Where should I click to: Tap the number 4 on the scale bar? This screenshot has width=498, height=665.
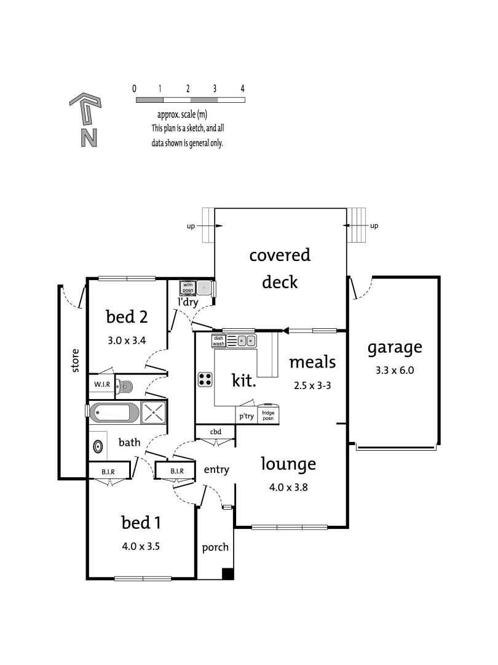pyautogui.click(x=243, y=89)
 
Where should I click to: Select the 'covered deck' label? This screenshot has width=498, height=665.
pyautogui.click(x=280, y=268)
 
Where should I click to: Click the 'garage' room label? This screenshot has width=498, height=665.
pyautogui.click(x=395, y=347)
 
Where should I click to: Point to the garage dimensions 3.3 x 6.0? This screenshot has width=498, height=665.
pyautogui.click(x=395, y=371)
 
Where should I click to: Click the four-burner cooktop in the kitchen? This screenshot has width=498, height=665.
pyautogui.click(x=205, y=380)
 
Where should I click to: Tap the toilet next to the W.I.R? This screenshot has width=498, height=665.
pyautogui.click(x=126, y=387)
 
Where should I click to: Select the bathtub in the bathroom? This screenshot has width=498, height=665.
pyautogui.click(x=114, y=413)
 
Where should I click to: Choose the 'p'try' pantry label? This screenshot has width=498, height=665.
pyautogui.click(x=245, y=416)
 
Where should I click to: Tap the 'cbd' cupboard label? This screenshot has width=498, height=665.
pyautogui.click(x=216, y=432)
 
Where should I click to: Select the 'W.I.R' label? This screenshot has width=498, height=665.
pyautogui.click(x=101, y=385)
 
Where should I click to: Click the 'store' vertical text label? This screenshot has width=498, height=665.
pyautogui.click(x=76, y=361)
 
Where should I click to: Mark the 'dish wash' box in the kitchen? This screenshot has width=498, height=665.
pyautogui.click(x=219, y=341)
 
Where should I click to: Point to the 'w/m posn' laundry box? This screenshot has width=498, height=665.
pyautogui.click(x=188, y=288)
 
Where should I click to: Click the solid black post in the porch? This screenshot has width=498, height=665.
pyautogui.click(x=227, y=574)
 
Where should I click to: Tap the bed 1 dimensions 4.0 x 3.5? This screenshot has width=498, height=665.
pyautogui.click(x=141, y=546)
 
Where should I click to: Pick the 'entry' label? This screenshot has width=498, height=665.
pyautogui.click(x=216, y=470)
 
